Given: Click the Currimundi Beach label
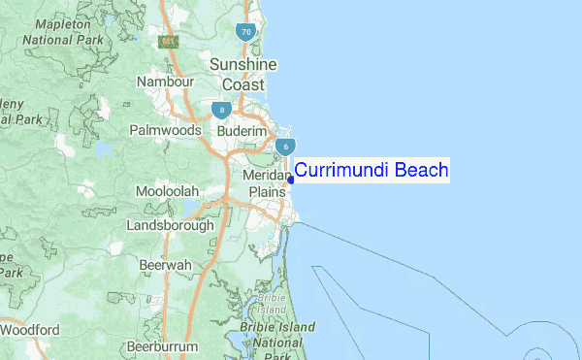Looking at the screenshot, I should pyautogui.click(x=372, y=171).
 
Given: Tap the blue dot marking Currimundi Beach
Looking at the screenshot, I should pyautogui.click(x=291, y=180).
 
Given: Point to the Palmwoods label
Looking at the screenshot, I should pyautogui.click(x=166, y=130).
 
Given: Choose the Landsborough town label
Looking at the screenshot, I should pyautogui.click(x=170, y=225).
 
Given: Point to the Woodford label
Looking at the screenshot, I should pyautogui.click(x=29, y=330).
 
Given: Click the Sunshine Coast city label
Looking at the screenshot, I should pyautogui.click(x=243, y=74).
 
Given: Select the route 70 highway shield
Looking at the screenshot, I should pyautogui.click(x=246, y=32).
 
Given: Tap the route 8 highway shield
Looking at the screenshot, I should pyautogui.click(x=222, y=110).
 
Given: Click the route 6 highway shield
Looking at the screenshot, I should pyautogui.click(x=285, y=147).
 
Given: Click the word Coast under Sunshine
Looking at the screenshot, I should pyautogui.click(x=244, y=84).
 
